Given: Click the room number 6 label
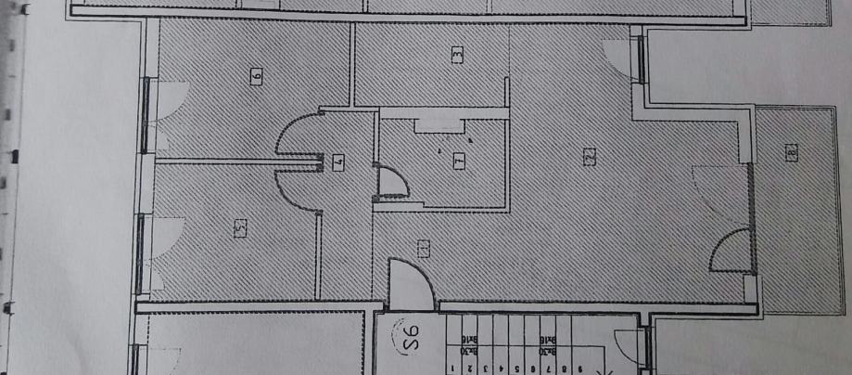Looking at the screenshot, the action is tap(256, 75).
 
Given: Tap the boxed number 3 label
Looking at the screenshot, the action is tap(456, 55).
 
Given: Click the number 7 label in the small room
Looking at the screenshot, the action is tap(458, 160).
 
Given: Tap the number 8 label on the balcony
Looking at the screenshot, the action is tap(790, 153).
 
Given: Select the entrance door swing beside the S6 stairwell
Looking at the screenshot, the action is tap(411, 284).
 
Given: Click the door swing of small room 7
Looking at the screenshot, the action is tap(391, 180).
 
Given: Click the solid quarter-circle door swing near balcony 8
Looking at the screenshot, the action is tap(731, 251).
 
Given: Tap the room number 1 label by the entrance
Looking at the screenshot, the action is tap(423, 248).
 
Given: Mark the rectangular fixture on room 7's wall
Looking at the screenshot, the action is tap(440, 124).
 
